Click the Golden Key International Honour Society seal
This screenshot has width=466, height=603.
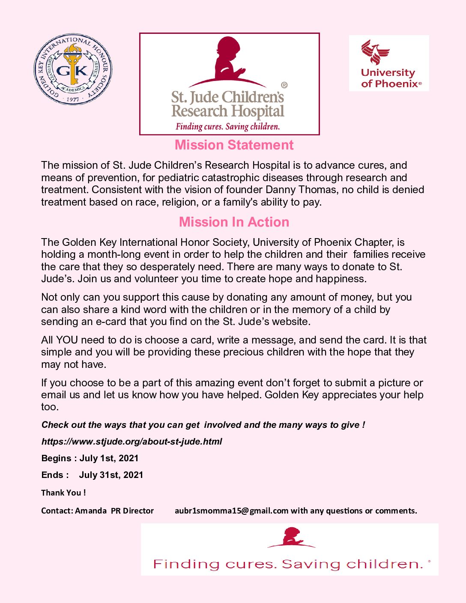73,70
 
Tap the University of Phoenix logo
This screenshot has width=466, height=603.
389,63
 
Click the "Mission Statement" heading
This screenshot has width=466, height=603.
234,145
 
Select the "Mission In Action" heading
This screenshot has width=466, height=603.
234,222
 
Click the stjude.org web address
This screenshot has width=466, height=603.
131,442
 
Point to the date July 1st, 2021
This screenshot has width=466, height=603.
109,458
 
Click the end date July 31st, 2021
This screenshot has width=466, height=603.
111,475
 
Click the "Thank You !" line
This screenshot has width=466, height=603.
63,493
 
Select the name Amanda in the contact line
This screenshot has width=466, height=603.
91,510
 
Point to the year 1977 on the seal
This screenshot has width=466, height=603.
73,99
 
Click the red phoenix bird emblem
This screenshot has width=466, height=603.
375,52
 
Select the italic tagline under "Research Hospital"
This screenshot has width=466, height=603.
227,127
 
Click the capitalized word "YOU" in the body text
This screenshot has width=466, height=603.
67,340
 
